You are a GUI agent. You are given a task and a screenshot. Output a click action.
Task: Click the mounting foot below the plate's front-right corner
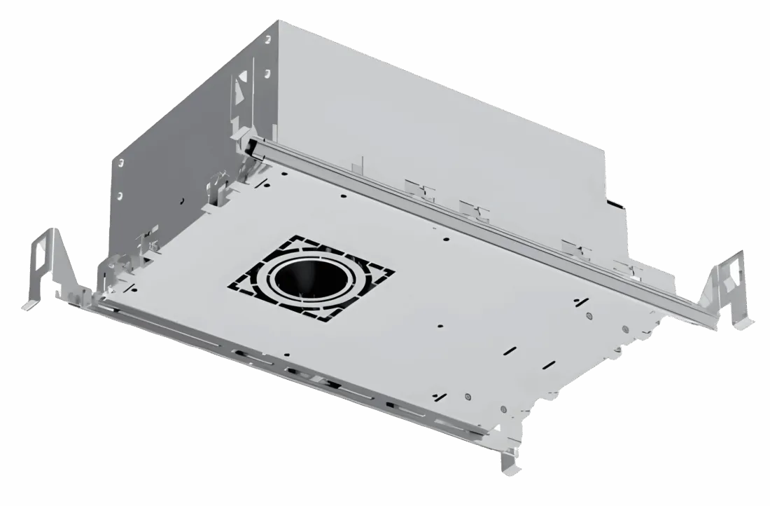(x=509, y=463)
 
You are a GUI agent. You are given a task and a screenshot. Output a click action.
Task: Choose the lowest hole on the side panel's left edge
(x=120, y=195)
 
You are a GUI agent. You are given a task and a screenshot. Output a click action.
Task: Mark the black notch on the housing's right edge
(x=615, y=204)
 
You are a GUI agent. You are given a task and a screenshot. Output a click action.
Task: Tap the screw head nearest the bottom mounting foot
(x=503, y=409)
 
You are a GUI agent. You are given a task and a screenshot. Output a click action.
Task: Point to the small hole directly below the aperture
(x=440, y=325)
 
